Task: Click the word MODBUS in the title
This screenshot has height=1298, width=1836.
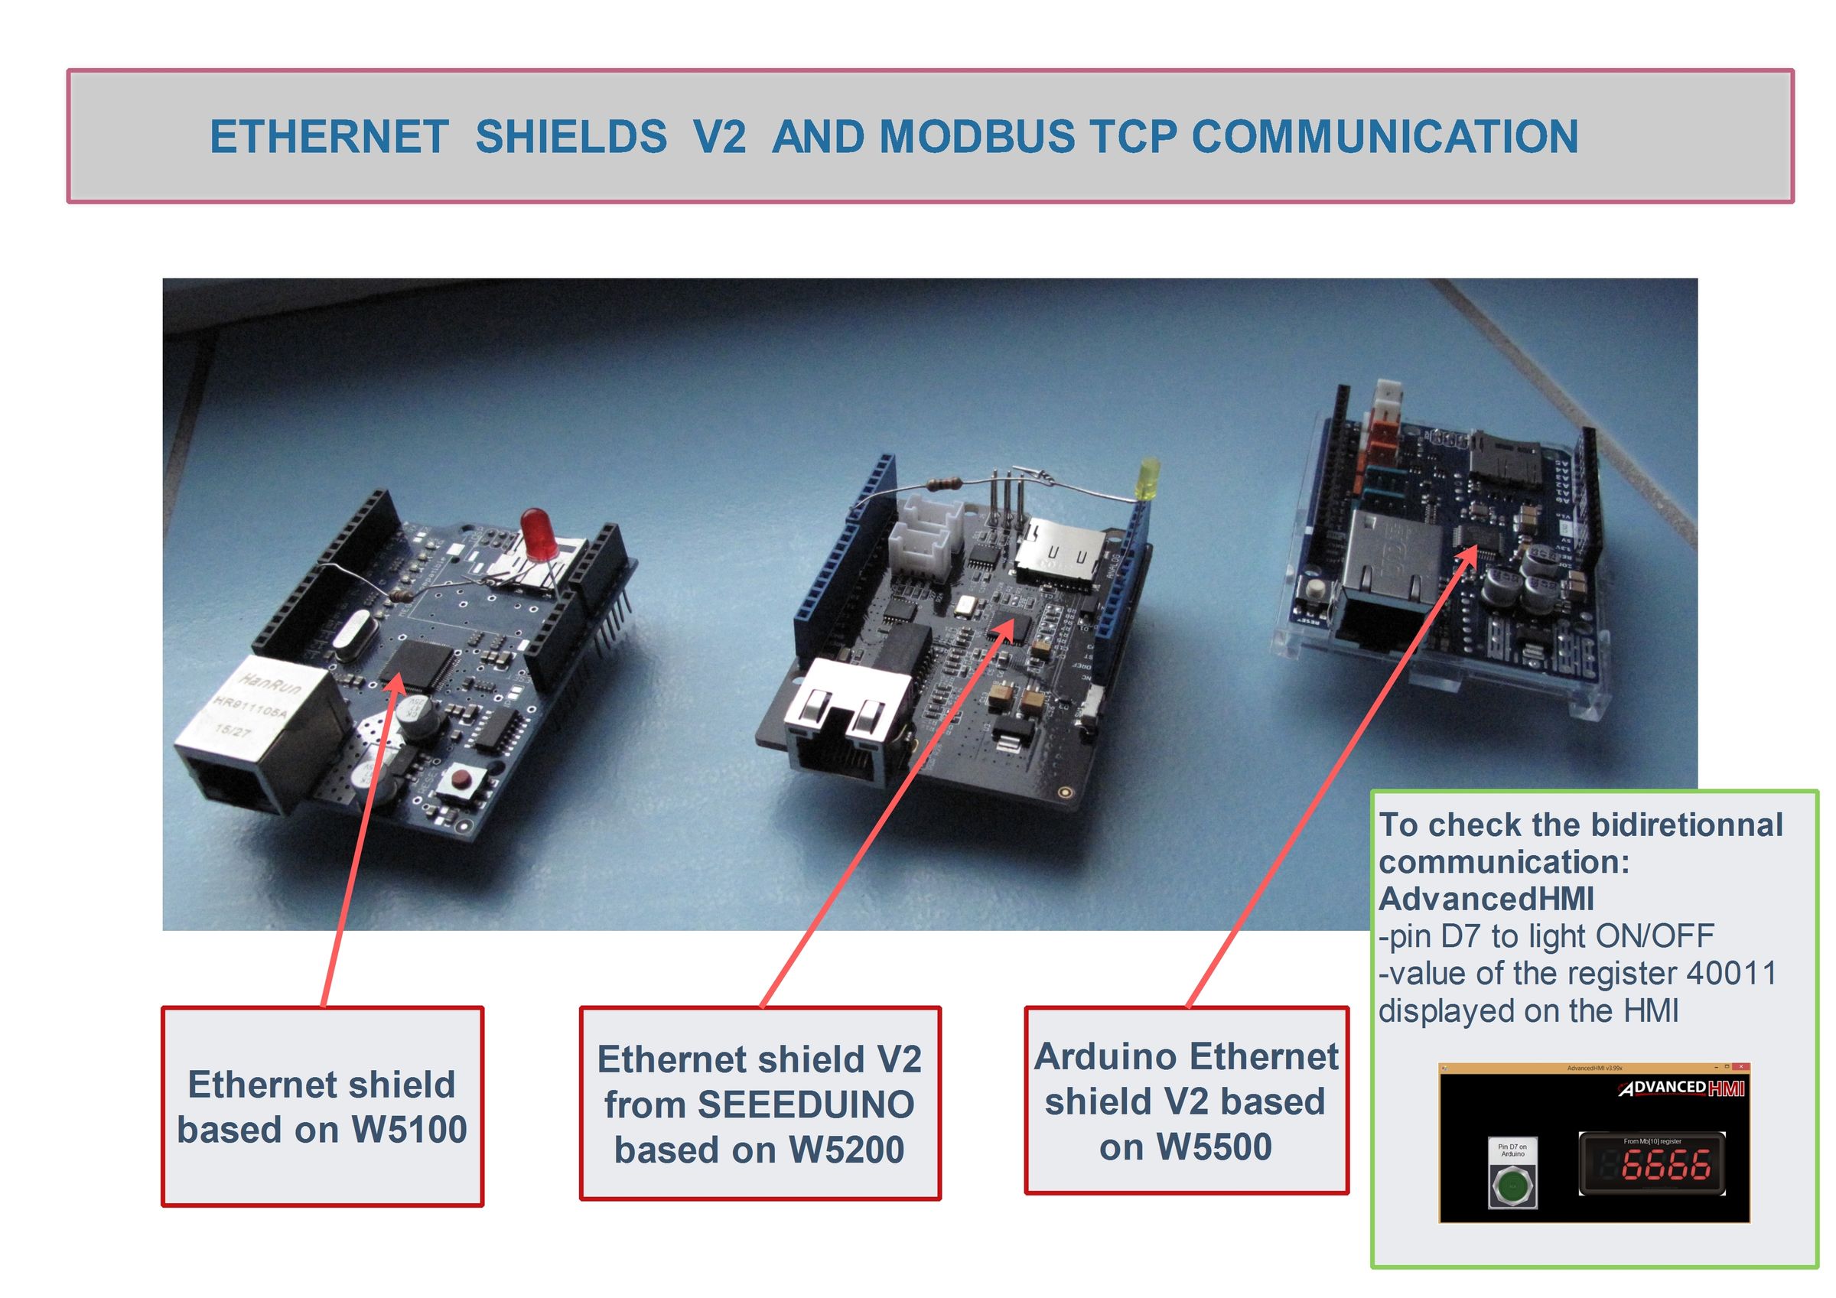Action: click(977, 137)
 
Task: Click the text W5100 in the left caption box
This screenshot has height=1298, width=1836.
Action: click(409, 1130)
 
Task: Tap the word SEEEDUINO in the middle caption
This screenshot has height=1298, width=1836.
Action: click(806, 1104)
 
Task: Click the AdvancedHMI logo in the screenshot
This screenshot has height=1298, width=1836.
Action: click(1681, 1088)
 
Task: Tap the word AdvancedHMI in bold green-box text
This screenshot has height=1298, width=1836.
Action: click(1486, 899)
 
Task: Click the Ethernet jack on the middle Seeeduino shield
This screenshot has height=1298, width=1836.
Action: click(848, 721)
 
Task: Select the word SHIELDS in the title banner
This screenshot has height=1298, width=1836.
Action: click(571, 137)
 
